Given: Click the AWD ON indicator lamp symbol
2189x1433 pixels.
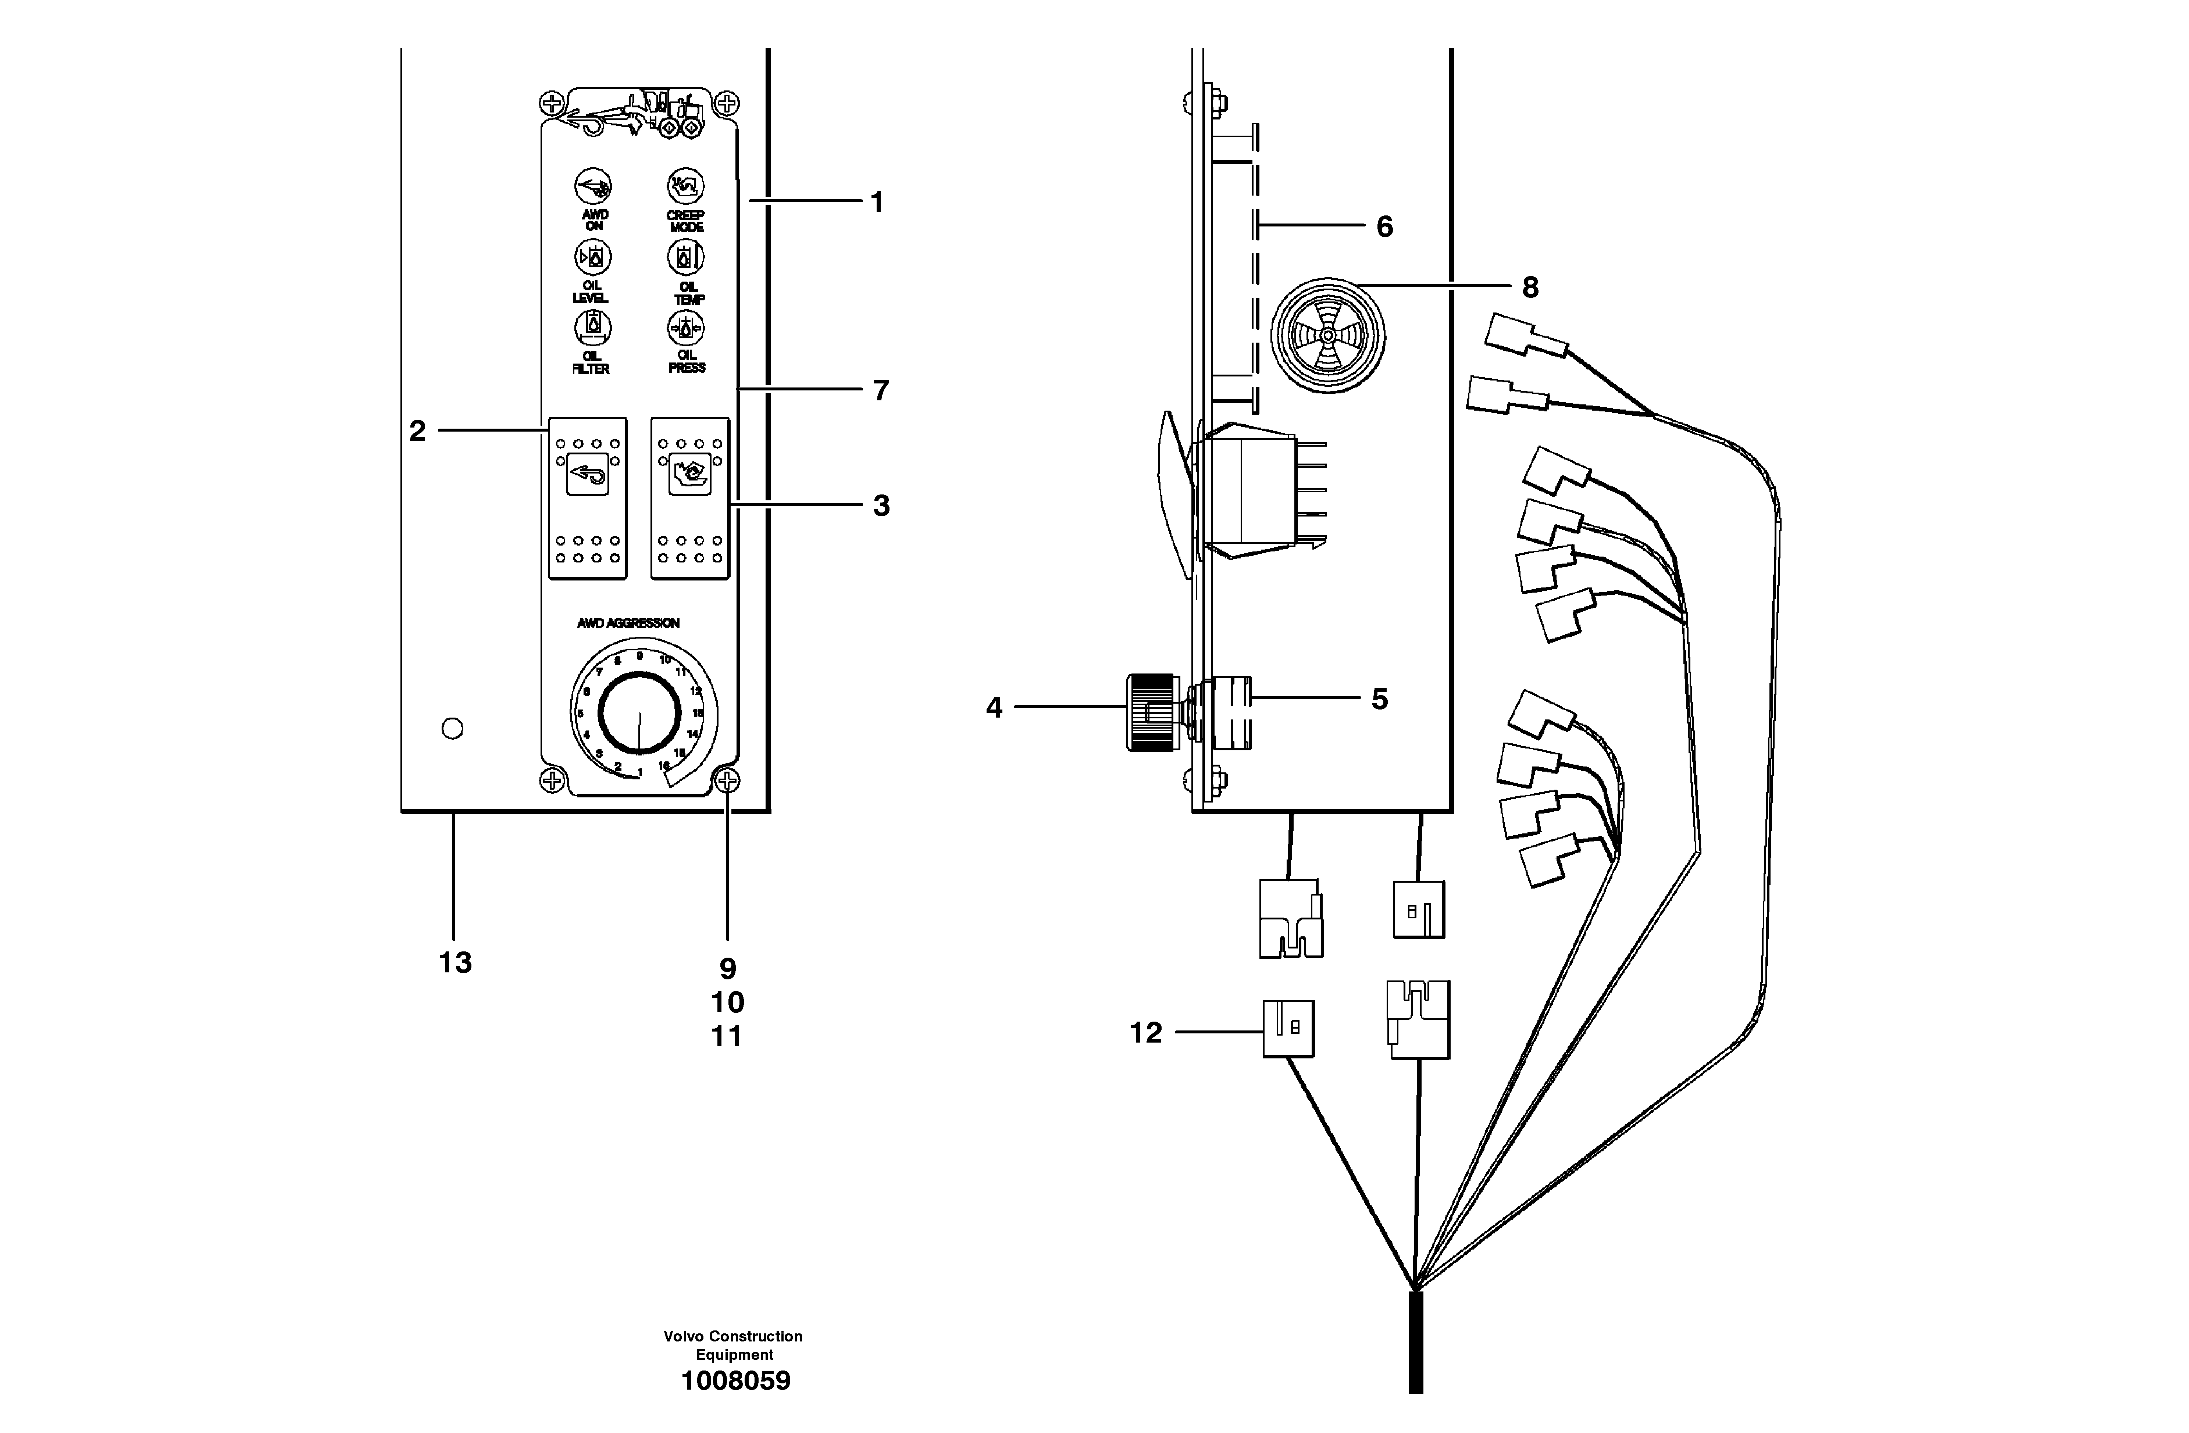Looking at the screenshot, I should click(593, 186).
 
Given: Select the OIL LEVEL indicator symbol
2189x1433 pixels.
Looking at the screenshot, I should click(593, 258).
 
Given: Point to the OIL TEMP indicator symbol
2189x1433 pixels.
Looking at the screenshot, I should click(685, 258).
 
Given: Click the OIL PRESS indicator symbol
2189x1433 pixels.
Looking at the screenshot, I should click(685, 328).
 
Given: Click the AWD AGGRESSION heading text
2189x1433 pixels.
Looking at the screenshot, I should click(628, 623).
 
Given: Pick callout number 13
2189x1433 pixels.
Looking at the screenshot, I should click(454, 963).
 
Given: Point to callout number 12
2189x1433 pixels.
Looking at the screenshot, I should click(1146, 1033).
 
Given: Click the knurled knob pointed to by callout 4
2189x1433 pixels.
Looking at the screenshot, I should click(1152, 711).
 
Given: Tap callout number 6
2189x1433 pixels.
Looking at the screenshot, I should click(1384, 226).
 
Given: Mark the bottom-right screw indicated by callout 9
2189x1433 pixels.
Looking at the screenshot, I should click(727, 782).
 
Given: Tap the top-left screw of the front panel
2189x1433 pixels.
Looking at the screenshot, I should click(551, 102).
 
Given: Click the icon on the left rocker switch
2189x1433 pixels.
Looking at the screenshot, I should click(588, 475).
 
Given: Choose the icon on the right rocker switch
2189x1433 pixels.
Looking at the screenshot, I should click(690, 475).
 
